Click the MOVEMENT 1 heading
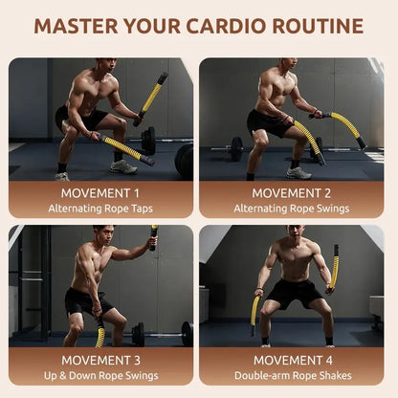[x=100, y=193]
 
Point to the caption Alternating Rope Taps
[x=100, y=209]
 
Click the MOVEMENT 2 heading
[x=292, y=193]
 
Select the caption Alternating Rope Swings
[x=292, y=209]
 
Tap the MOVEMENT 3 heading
[x=100, y=361]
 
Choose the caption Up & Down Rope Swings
[x=100, y=376]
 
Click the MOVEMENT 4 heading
[x=293, y=361]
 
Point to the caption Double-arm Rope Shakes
[x=293, y=376]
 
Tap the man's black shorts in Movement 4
[x=295, y=293]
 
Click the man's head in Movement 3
[x=104, y=236]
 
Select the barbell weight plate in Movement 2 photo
[x=236, y=149]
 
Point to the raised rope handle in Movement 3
[x=153, y=237]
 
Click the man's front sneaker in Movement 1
[x=123, y=167]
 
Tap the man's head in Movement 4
[x=295, y=233]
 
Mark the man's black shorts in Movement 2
[x=268, y=122]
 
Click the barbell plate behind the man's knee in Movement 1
[x=148, y=141]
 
